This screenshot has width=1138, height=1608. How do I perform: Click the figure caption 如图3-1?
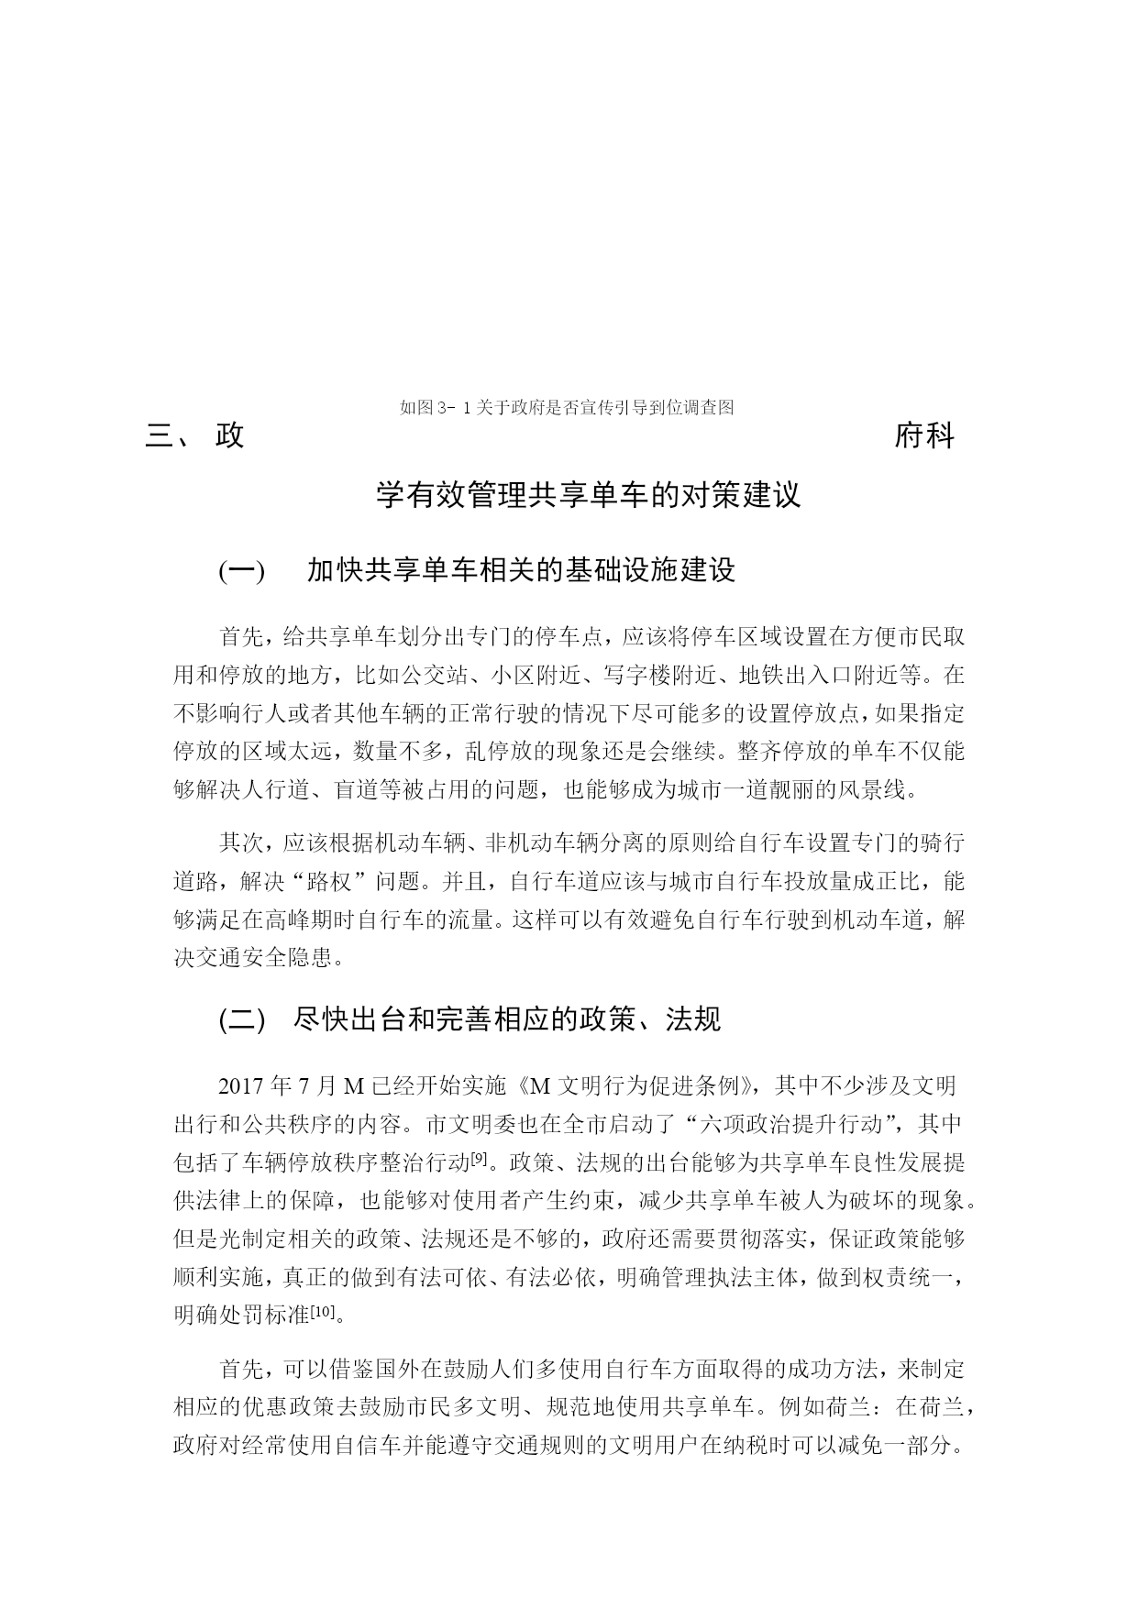click(x=567, y=408)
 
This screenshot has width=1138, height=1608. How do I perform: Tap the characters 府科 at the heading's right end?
click(x=924, y=436)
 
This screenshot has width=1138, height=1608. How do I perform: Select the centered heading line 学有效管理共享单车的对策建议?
click(x=589, y=495)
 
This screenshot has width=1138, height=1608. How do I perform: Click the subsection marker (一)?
click(x=241, y=571)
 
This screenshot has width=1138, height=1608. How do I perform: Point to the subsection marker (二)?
click(x=241, y=1019)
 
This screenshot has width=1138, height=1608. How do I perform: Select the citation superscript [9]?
click(x=477, y=1158)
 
